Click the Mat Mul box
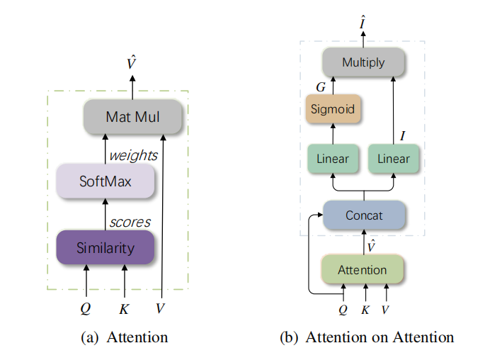coord(132,116)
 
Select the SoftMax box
coord(105,181)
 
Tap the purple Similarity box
coord(105,248)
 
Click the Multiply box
coord(363,62)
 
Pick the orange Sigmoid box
coord(332,110)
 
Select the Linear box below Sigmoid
coord(332,159)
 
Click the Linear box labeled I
coord(393,159)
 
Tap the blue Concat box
coord(363,215)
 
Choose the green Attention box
coord(363,270)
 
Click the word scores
coord(130,222)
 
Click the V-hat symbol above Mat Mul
coord(131,64)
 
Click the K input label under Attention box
coord(365,309)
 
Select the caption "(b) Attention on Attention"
coord(367,337)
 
